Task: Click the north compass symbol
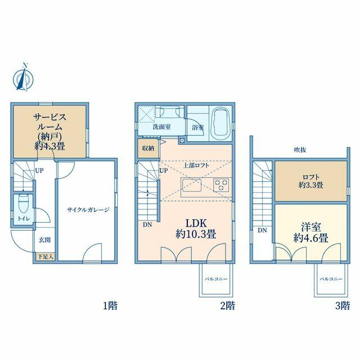[23, 78]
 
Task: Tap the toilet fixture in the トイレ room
[23, 204]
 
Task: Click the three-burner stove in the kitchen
[221, 185]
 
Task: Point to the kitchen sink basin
[192, 185]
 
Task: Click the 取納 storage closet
[148, 148]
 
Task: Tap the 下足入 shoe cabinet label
[46, 256]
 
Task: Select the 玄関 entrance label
[44, 240]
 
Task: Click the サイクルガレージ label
[88, 210]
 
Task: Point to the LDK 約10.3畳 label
[196, 229]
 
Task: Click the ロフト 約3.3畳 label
[311, 181]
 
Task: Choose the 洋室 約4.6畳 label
[311, 233]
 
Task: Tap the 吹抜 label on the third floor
[300, 150]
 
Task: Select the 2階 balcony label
[216, 279]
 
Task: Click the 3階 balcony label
[331, 279]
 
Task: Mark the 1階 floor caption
[110, 306]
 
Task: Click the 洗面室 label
[162, 127]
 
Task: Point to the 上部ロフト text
[196, 165]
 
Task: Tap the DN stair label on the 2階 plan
[147, 225]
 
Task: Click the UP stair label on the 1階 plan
[39, 171]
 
